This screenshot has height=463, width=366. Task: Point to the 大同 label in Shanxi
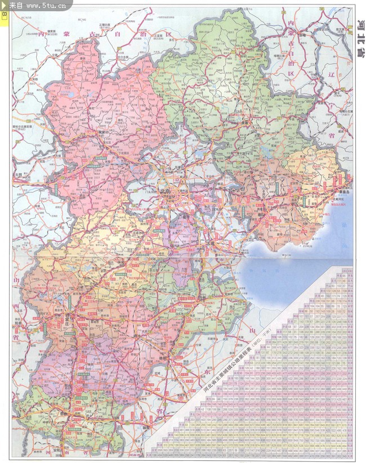click(x=24, y=175)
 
